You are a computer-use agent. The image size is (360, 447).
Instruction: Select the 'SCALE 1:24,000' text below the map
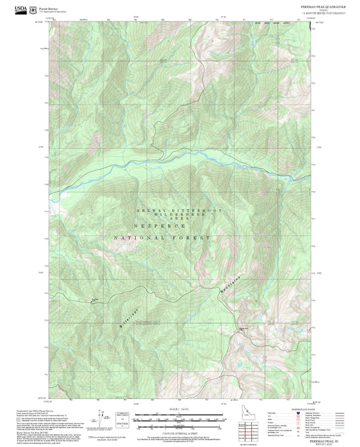coord(179,409)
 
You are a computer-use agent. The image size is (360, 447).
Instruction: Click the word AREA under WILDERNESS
coord(180,219)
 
